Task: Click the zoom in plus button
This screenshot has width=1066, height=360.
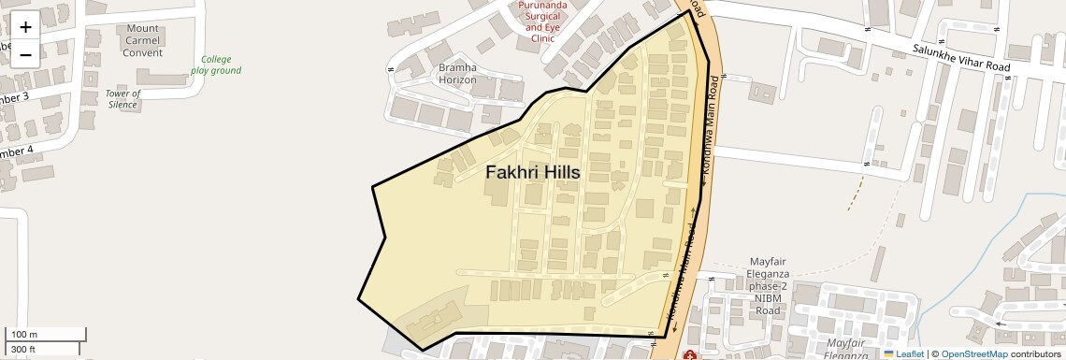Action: point(25,27)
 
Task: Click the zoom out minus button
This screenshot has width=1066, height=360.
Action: point(25,53)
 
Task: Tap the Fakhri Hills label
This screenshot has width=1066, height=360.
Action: point(533,173)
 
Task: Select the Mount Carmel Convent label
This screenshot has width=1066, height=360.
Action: point(143,40)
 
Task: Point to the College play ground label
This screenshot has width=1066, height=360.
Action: point(216,65)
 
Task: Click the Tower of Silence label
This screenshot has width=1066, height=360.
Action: point(122,99)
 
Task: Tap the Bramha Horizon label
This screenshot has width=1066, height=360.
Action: point(458,74)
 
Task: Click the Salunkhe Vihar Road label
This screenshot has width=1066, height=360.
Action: point(959,57)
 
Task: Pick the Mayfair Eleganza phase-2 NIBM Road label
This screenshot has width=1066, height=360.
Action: point(768,285)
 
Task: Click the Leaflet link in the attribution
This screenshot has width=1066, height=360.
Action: point(909,353)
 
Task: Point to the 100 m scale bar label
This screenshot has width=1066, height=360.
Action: point(24,335)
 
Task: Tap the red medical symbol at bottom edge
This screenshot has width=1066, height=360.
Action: point(690,355)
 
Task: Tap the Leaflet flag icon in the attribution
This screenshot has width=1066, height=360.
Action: point(888,353)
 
